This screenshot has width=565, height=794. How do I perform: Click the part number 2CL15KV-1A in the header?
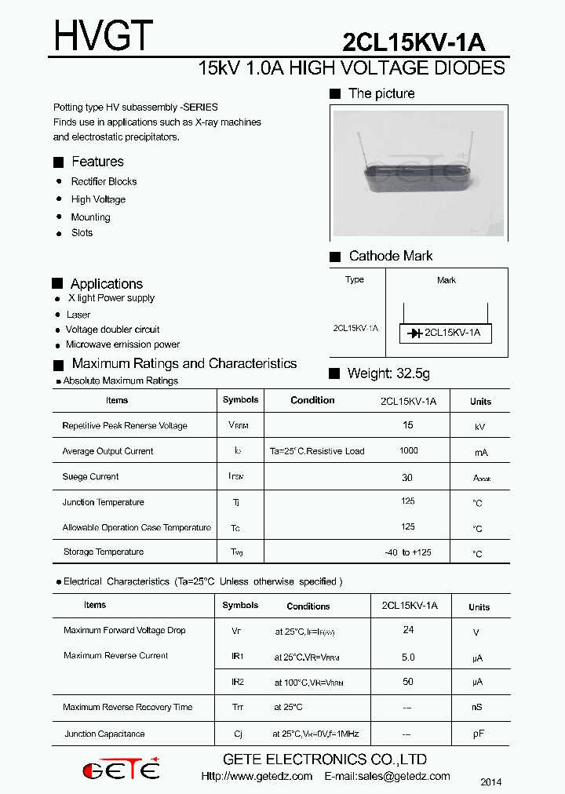414,42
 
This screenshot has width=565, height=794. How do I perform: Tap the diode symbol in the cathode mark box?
415,333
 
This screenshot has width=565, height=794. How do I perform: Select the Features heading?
97,162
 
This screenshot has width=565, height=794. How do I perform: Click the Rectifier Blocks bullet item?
104,181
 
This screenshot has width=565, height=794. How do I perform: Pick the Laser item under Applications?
78,315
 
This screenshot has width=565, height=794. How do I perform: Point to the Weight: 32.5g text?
388,373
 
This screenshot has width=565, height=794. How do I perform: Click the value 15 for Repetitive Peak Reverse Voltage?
408,424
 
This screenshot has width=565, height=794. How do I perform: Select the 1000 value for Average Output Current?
408,450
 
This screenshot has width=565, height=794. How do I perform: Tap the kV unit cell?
479,427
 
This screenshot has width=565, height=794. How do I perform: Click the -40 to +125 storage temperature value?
408,552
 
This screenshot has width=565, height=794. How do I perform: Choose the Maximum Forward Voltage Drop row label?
124,631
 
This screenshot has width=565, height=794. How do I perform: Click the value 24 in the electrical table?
408,630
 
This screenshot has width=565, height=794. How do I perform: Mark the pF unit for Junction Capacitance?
478,734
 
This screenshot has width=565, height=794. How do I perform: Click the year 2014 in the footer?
490,782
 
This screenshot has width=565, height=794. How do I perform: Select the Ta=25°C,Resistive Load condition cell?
317,451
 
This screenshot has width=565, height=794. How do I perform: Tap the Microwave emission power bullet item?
122,344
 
